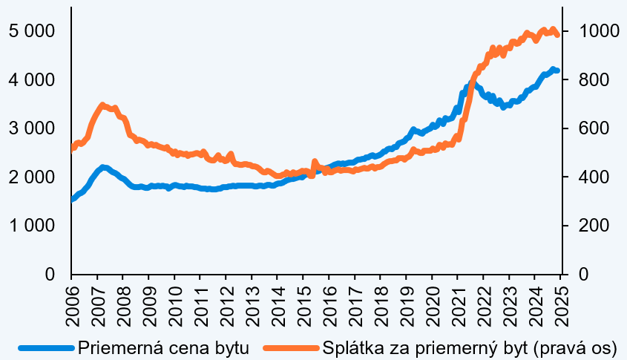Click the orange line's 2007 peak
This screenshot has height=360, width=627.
tap(102, 105)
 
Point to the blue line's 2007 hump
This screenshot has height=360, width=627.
tap(104, 168)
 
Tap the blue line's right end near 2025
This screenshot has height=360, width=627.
tap(557, 71)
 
